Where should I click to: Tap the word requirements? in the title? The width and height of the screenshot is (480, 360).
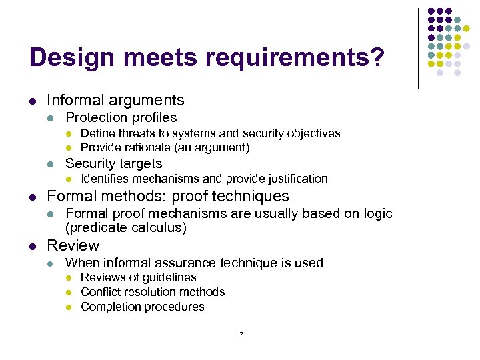point(295,58)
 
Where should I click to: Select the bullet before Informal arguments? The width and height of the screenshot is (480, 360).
point(32,101)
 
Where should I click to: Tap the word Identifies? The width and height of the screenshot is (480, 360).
point(105,179)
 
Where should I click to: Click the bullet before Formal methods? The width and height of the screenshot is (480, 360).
point(32,197)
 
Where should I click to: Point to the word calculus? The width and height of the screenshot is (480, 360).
point(163,228)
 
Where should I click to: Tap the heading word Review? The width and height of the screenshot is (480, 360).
point(73,245)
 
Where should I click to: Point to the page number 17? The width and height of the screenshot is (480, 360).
point(240,334)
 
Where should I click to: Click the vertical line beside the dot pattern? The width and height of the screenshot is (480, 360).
point(418,48)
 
